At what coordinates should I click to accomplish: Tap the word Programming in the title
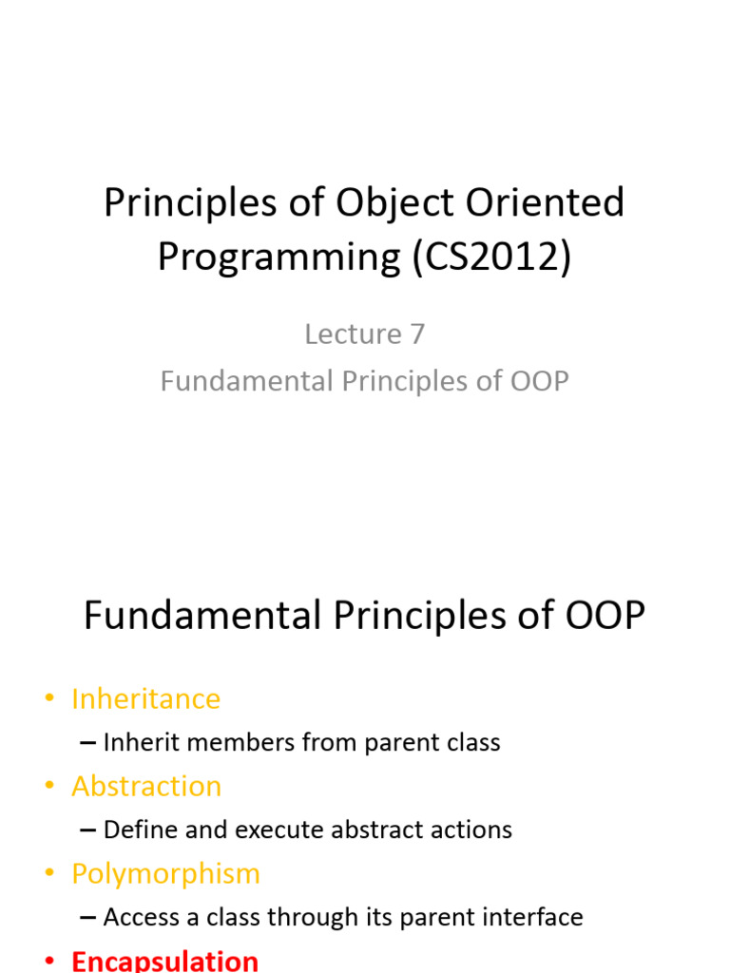click(x=279, y=258)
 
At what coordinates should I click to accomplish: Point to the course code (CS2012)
click(x=491, y=258)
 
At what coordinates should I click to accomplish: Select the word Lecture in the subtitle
click(x=353, y=334)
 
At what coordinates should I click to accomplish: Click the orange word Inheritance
click(x=145, y=698)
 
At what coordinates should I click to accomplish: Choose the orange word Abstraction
click(x=145, y=786)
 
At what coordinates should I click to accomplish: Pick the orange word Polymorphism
click(x=165, y=873)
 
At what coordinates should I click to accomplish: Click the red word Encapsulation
click(x=164, y=960)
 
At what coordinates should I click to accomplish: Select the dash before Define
click(x=88, y=830)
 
